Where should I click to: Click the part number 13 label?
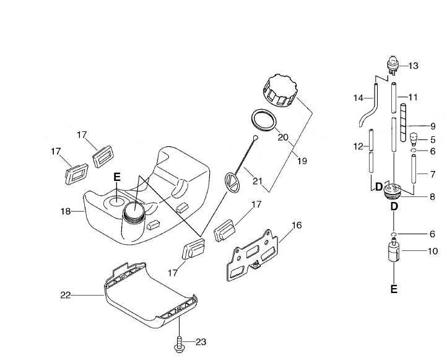[x=414, y=65]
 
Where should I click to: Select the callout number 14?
[x=358, y=98]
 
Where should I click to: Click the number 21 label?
[x=257, y=182]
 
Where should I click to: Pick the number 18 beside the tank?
[x=66, y=212]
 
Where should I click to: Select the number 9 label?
[x=433, y=126]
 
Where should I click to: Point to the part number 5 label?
[x=433, y=139]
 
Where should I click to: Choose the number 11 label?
[x=414, y=97]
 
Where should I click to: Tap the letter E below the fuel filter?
[x=394, y=288]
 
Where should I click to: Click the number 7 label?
[x=433, y=175]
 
